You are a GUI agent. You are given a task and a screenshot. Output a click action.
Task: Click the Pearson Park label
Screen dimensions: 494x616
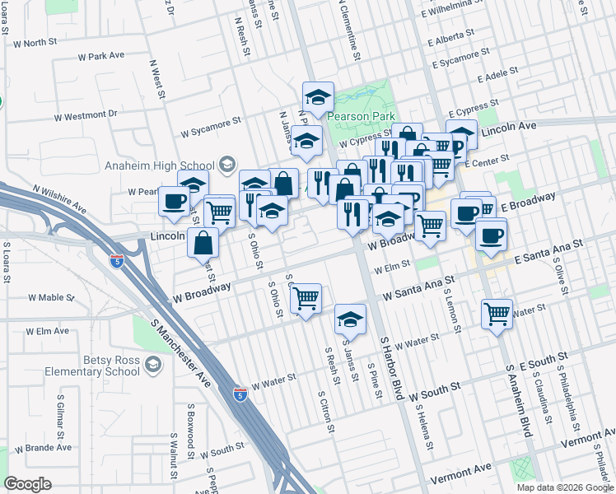click(x=362, y=117)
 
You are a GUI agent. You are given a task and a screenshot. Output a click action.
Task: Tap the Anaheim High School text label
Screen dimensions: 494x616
click(x=160, y=165)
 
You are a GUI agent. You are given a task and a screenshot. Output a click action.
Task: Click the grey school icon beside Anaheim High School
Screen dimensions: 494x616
click(x=226, y=165)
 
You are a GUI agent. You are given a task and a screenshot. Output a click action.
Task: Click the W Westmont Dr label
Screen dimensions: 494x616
click(x=85, y=114)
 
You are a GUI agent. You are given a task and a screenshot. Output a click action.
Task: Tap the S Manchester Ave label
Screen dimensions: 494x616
click(x=180, y=352)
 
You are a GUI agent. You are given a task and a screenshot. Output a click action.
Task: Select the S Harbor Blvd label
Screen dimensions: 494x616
click(x=391, y=366)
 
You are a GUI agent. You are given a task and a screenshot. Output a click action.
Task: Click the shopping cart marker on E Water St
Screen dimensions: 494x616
click(x=497, y=312)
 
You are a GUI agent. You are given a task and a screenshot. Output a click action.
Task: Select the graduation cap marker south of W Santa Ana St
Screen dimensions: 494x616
click(x=350, y=319)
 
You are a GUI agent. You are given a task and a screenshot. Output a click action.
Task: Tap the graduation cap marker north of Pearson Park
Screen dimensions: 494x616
click(x=318, y=97)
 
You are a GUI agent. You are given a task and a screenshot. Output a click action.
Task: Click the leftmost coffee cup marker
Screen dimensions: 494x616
click(x=174, y=201)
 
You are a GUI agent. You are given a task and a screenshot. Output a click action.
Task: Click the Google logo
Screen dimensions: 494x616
click(x=27, y=484)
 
